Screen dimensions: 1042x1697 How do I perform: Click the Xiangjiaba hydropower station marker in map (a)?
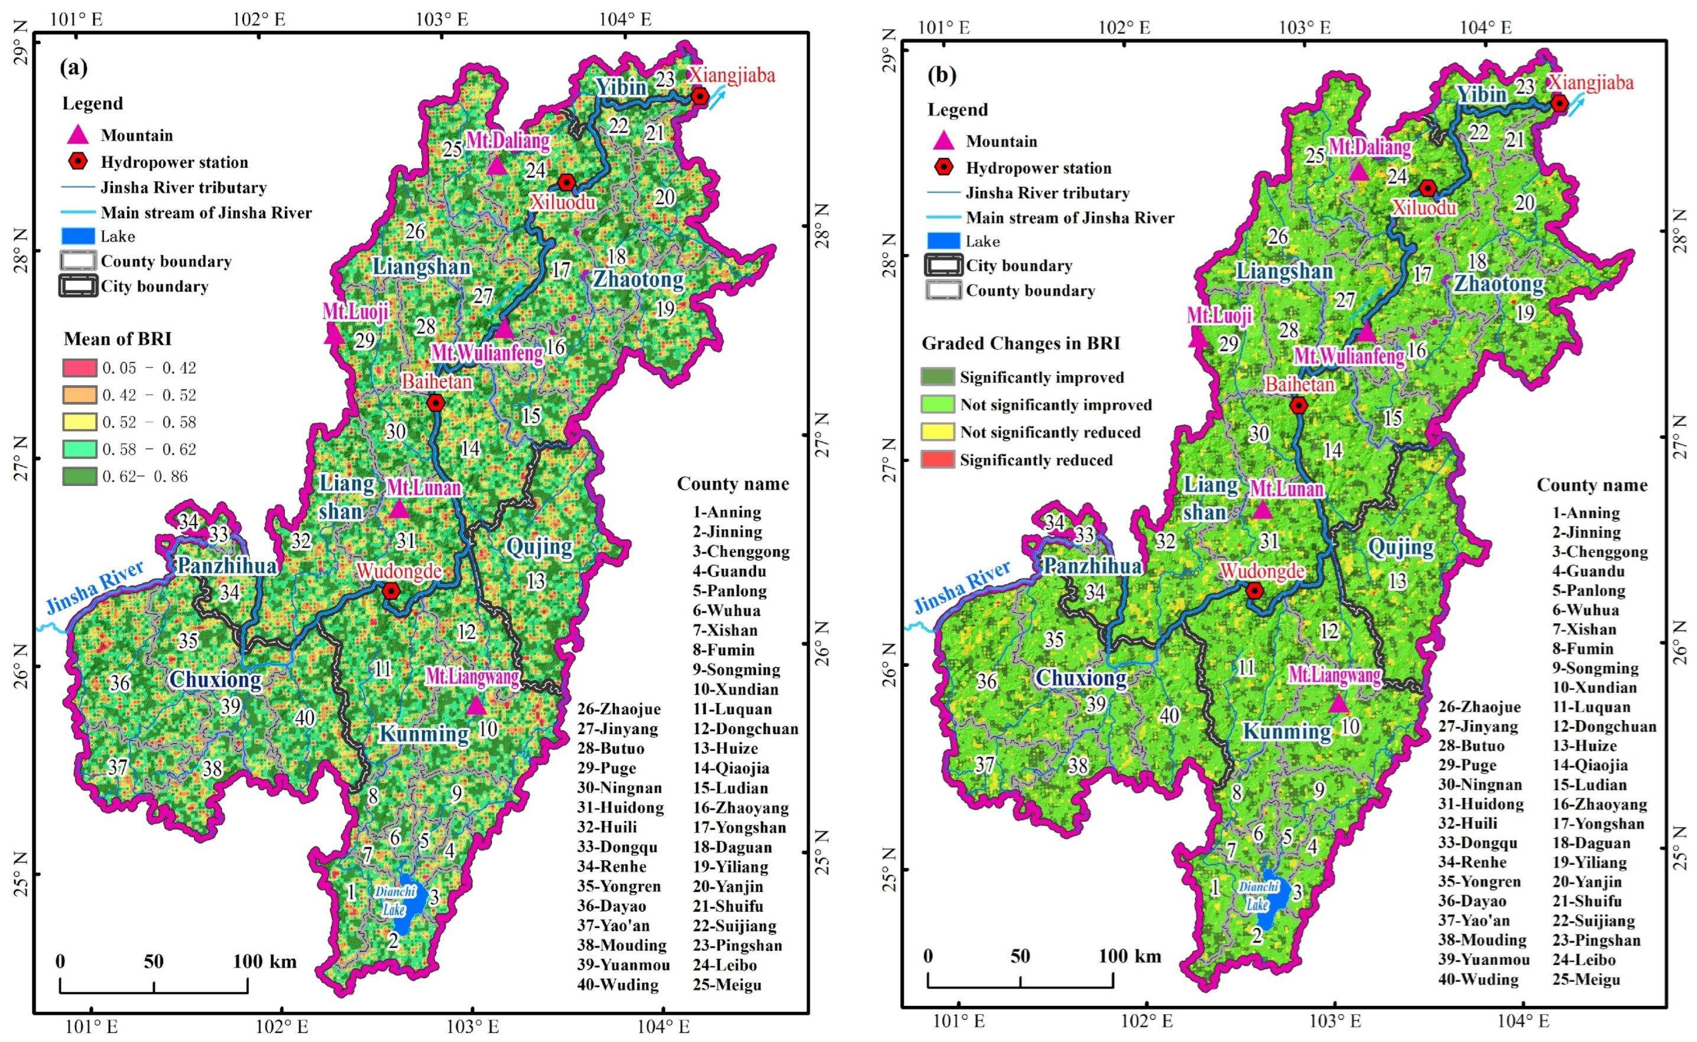click(699, 96)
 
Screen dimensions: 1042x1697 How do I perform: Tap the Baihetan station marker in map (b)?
click(1299, 405)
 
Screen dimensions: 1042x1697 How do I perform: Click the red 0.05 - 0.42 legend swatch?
click(79, 367)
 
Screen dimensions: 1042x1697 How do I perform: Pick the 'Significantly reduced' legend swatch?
click(938, 460)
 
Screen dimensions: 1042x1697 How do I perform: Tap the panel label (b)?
click(942, 74)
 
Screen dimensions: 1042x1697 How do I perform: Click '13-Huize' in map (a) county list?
click(725, 748)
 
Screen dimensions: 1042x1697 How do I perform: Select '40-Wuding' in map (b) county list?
click(1478, 979)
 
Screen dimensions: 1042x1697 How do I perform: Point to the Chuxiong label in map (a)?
click(216, 680)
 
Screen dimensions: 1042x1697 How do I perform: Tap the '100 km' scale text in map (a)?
click(265, 962)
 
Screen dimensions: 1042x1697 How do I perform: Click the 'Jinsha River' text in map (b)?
click(961, 587)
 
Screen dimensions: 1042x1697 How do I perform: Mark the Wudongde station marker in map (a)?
click(391, 591)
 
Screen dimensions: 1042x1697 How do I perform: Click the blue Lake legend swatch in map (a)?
click(77, 236)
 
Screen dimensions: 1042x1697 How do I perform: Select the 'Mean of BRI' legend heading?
click(117, 338)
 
